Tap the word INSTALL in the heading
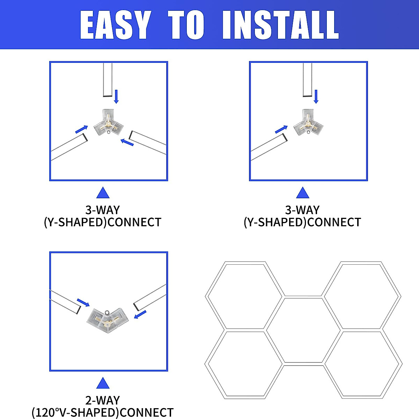pos(280,25)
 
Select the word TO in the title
pos(186,25)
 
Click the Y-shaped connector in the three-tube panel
pos(108,123)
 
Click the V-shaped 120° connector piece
pos(108,318)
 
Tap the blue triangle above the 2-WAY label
pos(103,383)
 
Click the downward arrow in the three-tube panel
pos(116,96)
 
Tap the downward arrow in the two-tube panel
pos(316,96)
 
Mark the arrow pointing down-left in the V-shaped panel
pos(140,315)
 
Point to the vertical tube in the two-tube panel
pos(308,80)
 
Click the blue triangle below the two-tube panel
pos(302,193)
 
